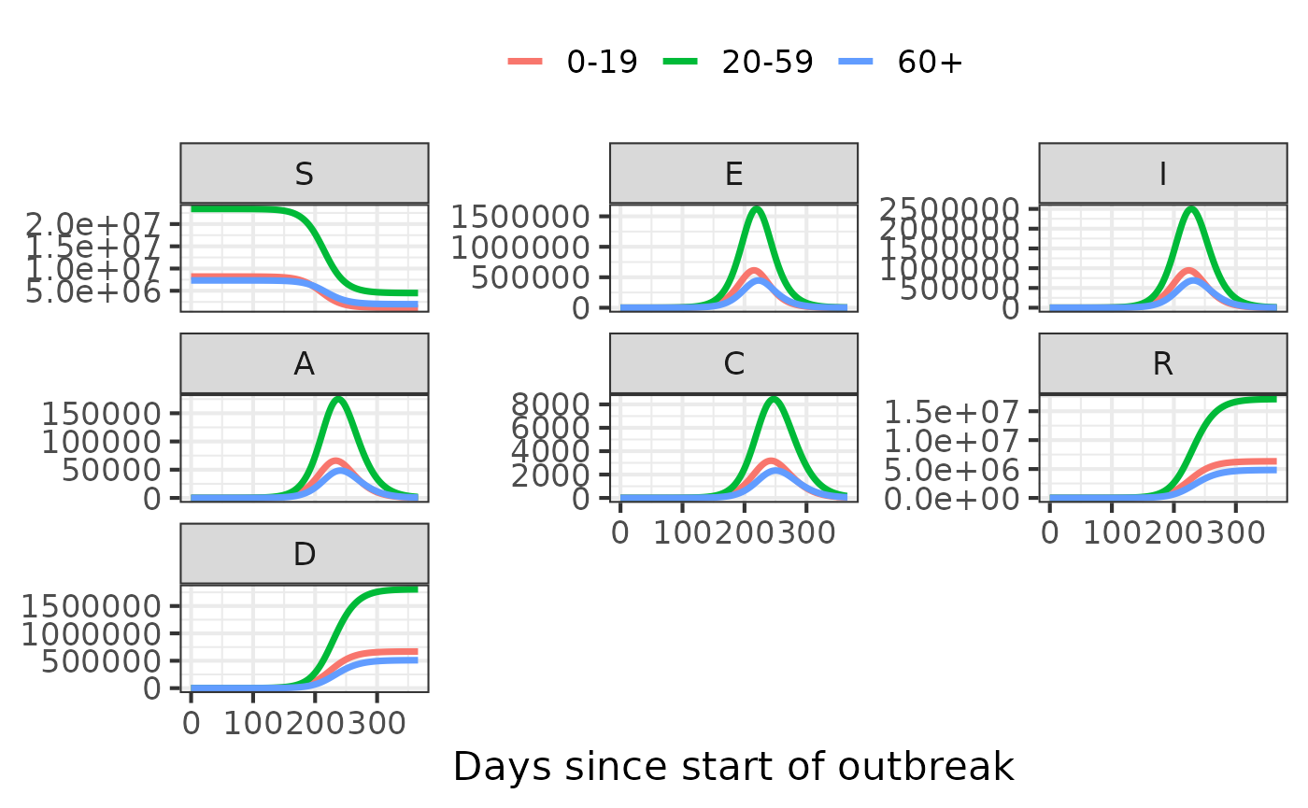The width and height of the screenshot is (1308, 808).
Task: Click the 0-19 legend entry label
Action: (x=602, y=62)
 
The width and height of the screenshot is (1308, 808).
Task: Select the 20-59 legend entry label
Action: (x=767, y=62)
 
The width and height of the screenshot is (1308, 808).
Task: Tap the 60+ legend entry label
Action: (x=930, y=62)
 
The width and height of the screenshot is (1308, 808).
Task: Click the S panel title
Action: (x=304, y=173)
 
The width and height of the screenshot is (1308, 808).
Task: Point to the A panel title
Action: (x=304, y=363)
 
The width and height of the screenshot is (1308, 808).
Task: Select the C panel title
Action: (x=733, y=363)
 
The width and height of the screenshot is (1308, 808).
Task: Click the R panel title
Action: (x=1162, y=363)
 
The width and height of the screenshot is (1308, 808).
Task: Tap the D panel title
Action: (x=304, y=554)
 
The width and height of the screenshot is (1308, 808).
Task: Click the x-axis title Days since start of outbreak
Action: (x=733, y=767)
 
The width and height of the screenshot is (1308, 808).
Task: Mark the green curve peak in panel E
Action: (x=756, y=208)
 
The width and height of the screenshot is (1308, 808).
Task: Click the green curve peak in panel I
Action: (x=1191, y=208)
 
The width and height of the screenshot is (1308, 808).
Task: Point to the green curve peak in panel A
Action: (x=337, y=399)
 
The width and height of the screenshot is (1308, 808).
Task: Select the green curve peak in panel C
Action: (x=774, y=399)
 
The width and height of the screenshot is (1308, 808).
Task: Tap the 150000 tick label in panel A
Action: (x=103, y=414)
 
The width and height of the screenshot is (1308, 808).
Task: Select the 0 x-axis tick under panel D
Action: (x=192, y=723)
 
